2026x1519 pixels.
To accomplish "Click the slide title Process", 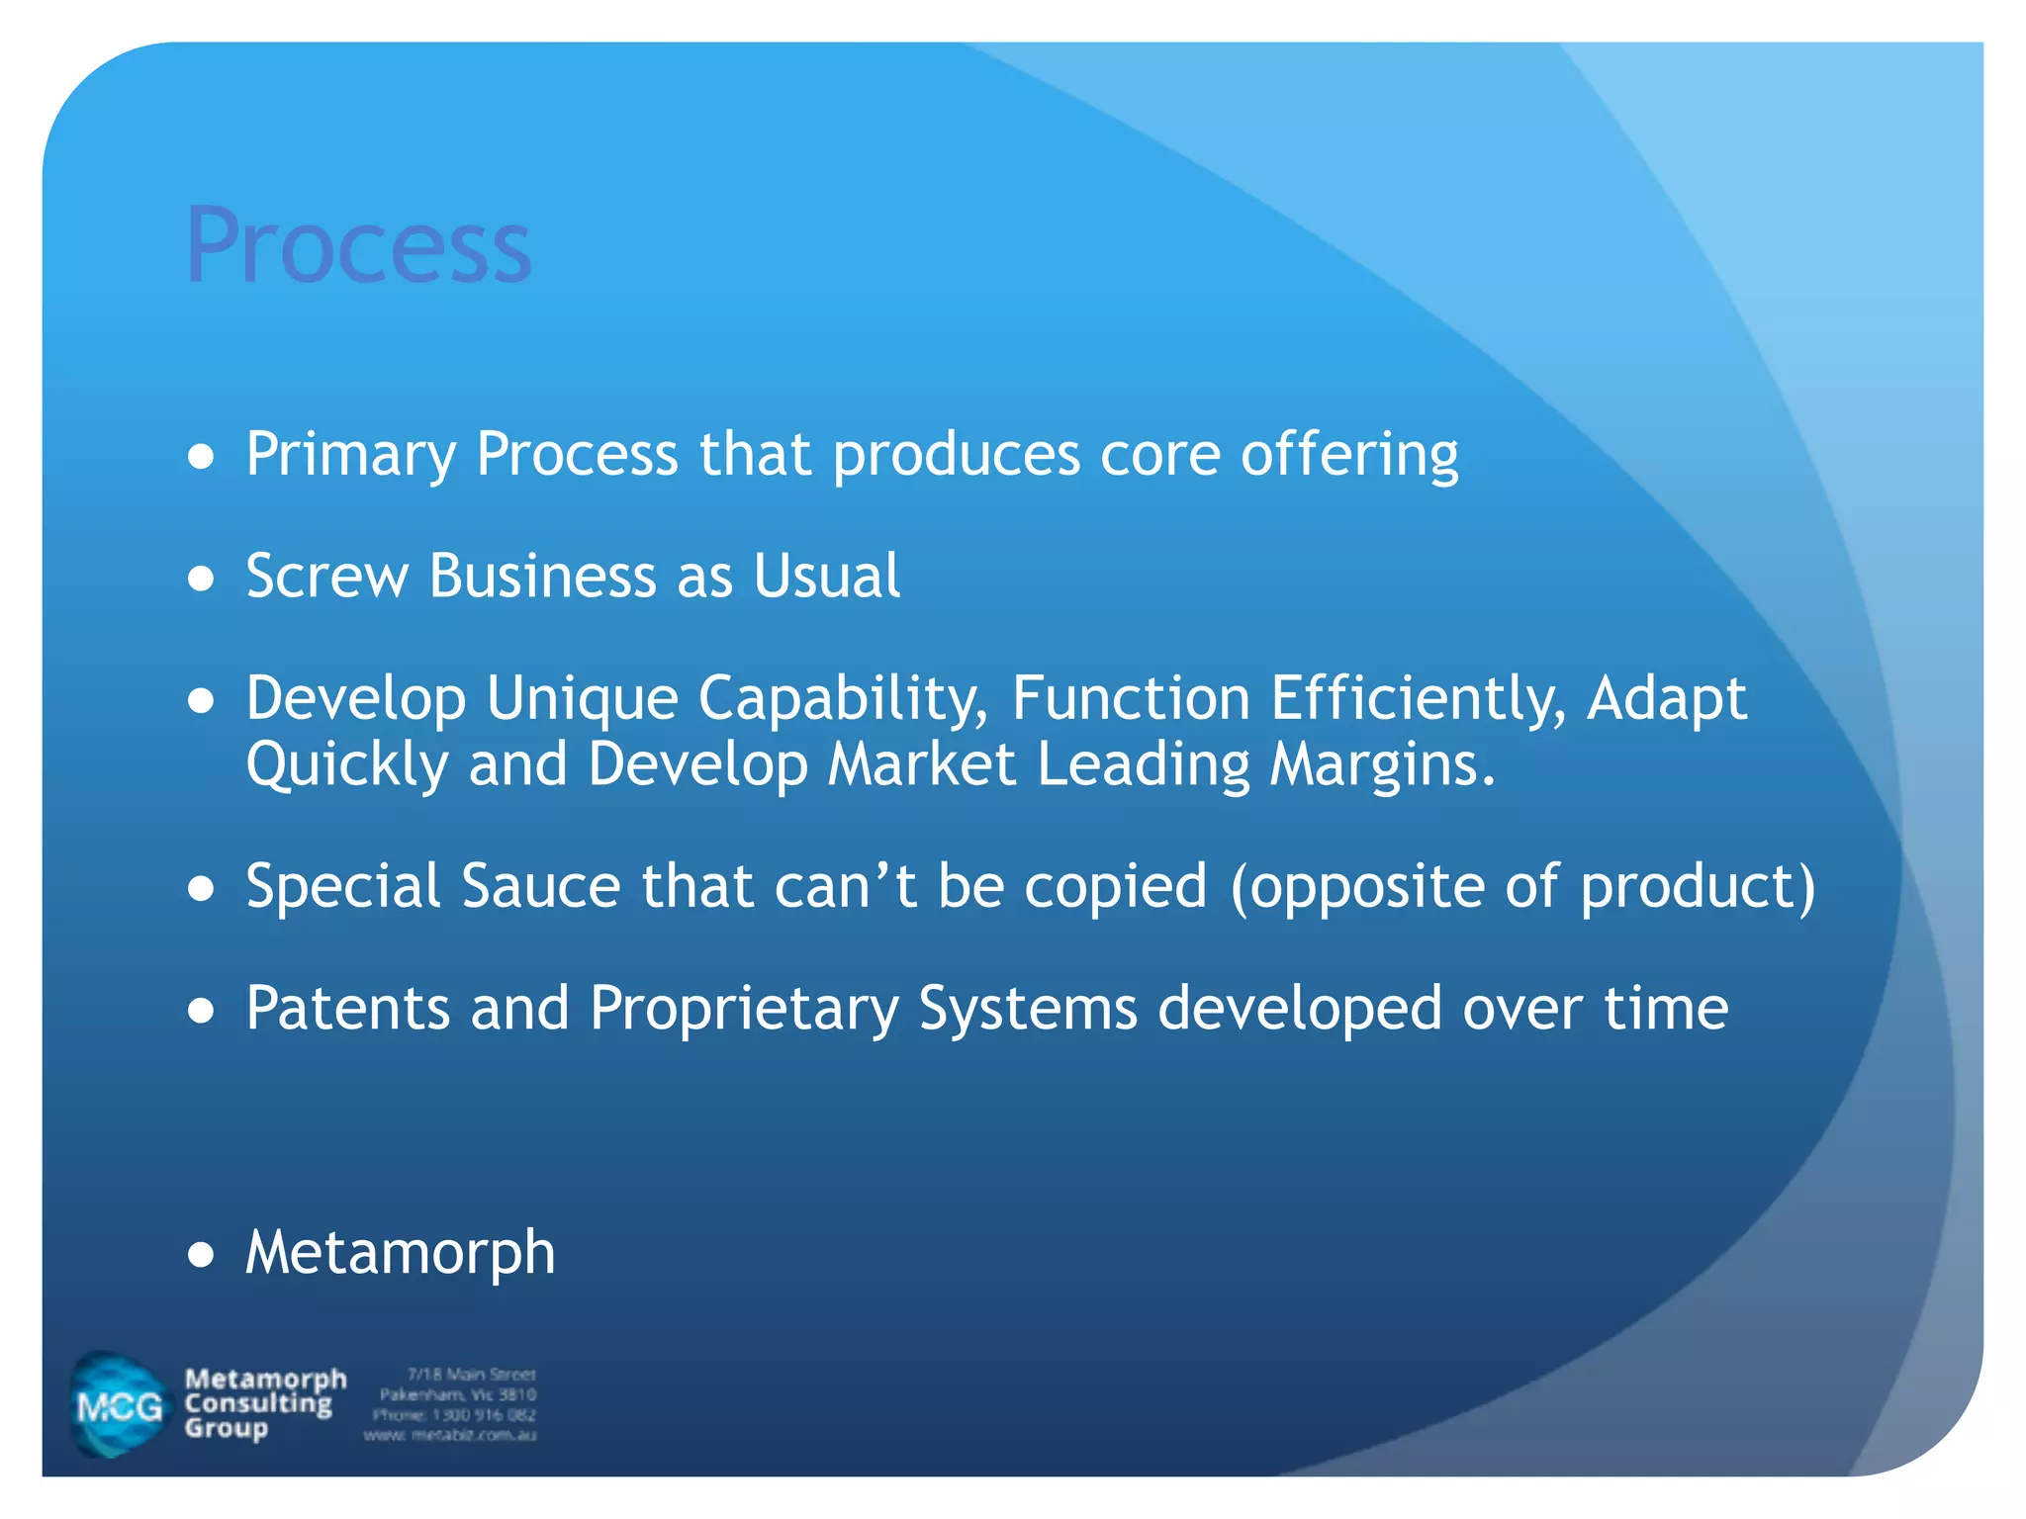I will [x=358, y=244].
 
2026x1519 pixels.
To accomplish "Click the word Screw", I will [x=326, y=576].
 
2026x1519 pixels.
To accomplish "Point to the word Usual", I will [x=826, y=576].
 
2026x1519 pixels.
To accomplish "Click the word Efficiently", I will [x=1418, y=698].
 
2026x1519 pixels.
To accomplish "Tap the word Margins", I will [x=1382, y=764].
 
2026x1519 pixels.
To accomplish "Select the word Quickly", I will [x=346, y=764].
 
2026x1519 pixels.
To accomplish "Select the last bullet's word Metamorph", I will [x=401, y=1252].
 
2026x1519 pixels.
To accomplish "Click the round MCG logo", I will [x=119, y=1404].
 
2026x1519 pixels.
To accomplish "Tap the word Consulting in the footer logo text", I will [x=259, y=1403].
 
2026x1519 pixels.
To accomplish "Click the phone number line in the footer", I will [x=454, y=1415].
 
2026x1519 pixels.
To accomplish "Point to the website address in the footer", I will [x=450, y=1435].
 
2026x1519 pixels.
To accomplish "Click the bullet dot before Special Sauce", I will [x=201, y=887].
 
